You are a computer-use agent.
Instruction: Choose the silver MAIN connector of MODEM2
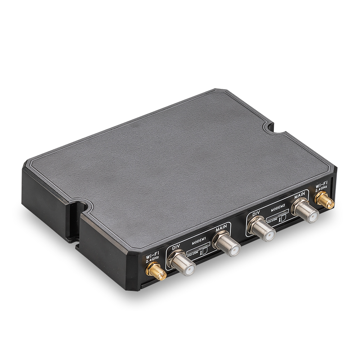(305, 211)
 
